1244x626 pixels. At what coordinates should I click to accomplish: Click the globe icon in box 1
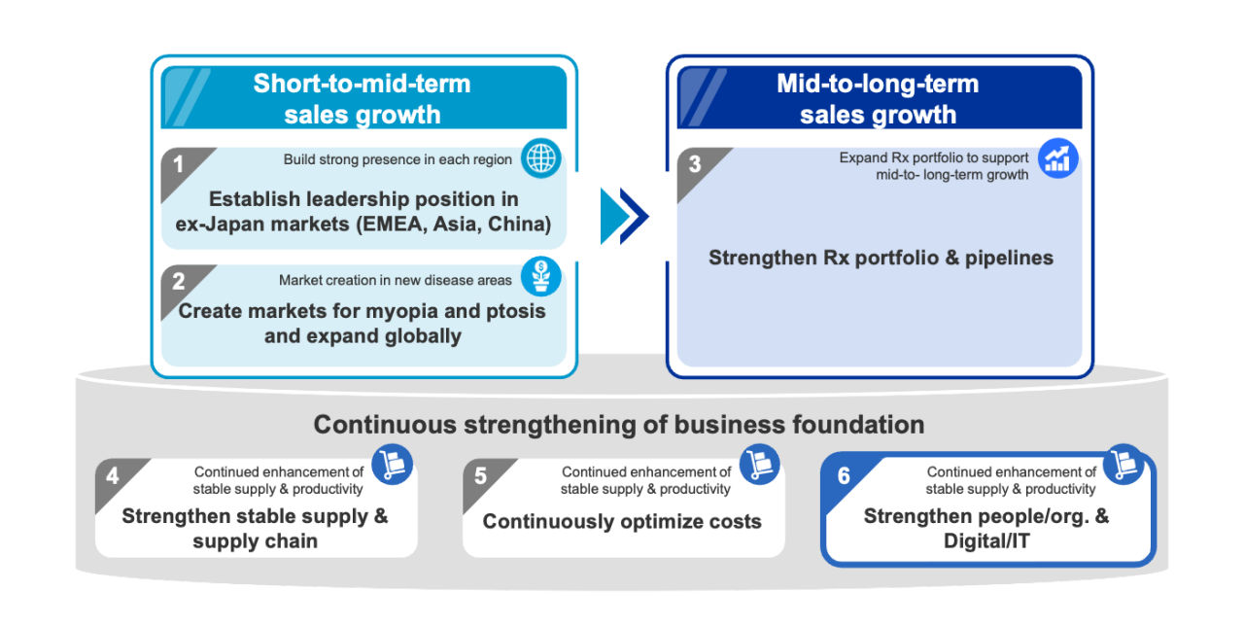541,158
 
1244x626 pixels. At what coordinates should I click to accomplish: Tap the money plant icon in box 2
541,276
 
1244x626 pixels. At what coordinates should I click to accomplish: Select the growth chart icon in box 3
1058,158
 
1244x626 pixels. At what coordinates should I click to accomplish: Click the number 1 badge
179,164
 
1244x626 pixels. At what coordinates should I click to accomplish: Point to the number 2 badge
179,282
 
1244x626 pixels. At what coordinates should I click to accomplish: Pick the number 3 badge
694,164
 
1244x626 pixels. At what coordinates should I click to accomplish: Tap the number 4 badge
113,476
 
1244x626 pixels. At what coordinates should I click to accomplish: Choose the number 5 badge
480,476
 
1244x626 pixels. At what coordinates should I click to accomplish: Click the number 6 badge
844,476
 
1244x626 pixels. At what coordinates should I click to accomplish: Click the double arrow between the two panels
623,215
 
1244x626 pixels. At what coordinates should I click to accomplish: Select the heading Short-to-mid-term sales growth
362,99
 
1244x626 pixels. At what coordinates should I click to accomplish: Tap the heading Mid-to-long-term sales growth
878,99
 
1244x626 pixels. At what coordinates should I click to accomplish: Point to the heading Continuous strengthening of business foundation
618,425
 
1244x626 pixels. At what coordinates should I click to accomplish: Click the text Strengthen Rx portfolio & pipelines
881,259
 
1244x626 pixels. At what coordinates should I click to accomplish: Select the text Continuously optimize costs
622,522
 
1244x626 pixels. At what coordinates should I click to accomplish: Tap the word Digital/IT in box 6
986,541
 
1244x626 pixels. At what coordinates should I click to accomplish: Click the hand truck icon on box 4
393,464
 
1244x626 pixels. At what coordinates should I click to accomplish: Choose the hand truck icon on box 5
760,464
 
